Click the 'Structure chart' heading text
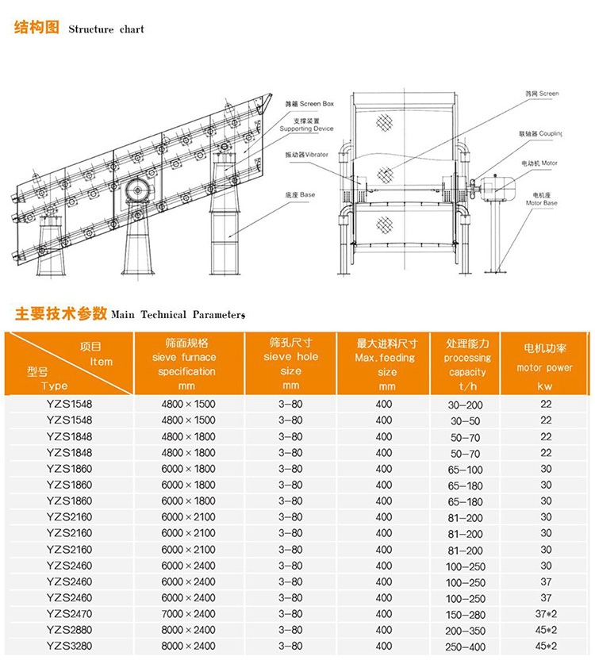click(106, 29)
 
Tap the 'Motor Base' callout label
click(542, 198)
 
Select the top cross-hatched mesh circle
click(386, 121)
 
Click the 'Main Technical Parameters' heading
click(178, 314)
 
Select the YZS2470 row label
click(69, 614)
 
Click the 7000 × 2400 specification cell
click(188, 614)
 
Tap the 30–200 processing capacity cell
click(465, 405)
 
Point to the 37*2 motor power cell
click(546, 614)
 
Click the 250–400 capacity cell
click(465, 647)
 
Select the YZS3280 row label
click(69, 647)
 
